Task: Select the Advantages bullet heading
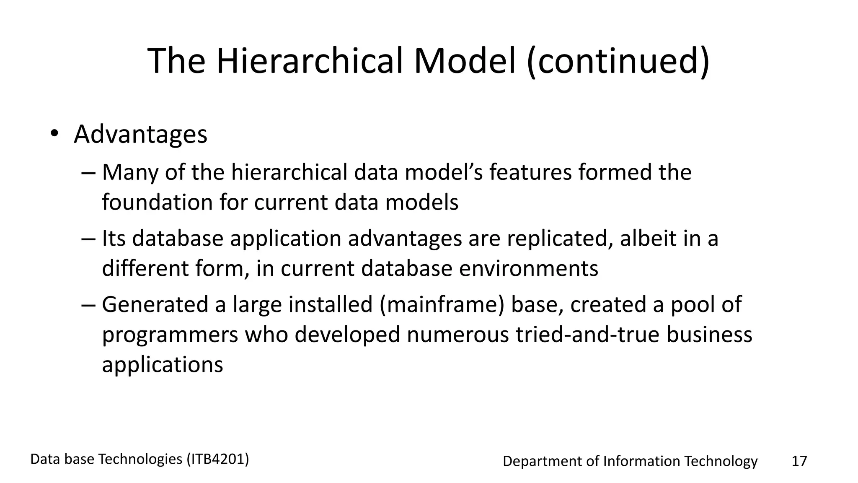click(x=140, y=134)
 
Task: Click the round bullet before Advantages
click(x=54, y=134)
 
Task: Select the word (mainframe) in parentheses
click(x=442, y=304)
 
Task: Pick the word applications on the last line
click(x=163, y=365)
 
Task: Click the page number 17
click(x=799, y=461)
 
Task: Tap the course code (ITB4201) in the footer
click(x=218, y=460)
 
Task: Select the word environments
click(x=529, y=268)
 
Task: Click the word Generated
click(x=155, y=304)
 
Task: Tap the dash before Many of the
click(x=89, y=173)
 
